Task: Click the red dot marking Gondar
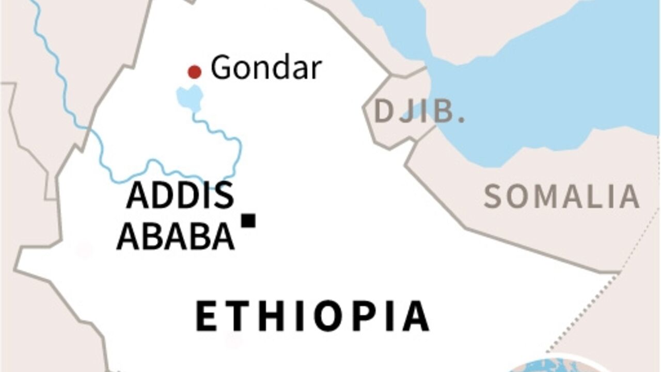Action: [194, 72]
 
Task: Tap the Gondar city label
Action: [266, 68]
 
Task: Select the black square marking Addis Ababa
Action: [249, 221]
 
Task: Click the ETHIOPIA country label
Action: [312, 316]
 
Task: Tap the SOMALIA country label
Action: [561, 196]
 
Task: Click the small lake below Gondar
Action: [189, 98]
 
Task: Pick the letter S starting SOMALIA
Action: [493, 196]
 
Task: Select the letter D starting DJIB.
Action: [384, 111]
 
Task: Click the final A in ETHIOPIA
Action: [416, 316]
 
